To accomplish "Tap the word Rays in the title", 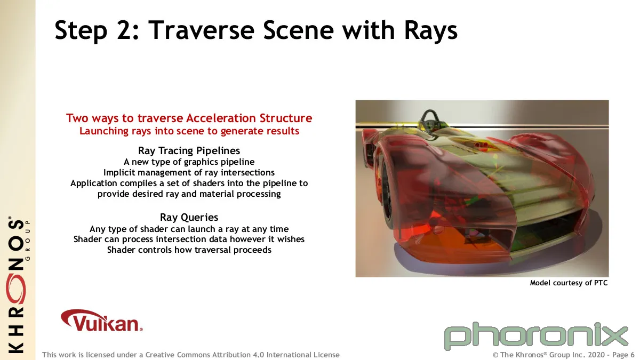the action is [430, 31].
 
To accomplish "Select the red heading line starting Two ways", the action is [189, 118].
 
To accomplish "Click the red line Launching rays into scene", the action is [189, 131].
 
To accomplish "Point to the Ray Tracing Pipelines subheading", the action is [189, 150].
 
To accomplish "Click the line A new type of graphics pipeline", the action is [189, 162].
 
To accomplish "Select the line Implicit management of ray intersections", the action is [189, 173].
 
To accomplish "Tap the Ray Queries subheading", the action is [189, 218].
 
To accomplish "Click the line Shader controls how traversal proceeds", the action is [189, 250].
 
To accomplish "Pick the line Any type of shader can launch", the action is [189, 229].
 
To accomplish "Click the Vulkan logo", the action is [102, 321].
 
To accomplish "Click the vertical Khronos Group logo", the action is [18, 285].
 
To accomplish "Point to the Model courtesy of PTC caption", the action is [569, 283].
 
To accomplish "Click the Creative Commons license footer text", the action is [191, 355].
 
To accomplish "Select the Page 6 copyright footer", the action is [563, 355].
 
